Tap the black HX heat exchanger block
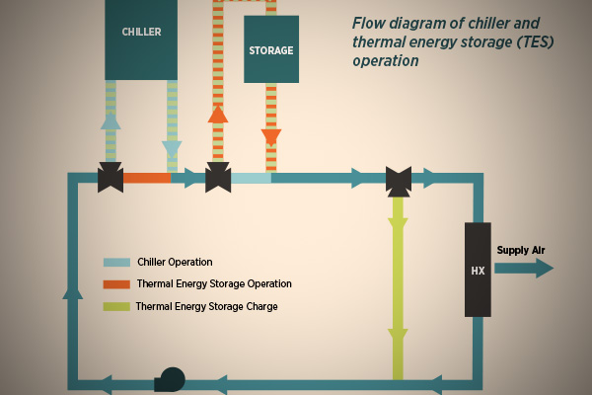[478, 270]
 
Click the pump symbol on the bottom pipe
[171, 379]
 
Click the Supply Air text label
[521, 251]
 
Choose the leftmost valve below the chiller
[111, 179]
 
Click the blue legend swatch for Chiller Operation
[116, 263]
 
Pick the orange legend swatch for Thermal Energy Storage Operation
[116, 284]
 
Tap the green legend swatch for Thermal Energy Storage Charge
[116, 307]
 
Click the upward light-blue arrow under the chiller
[111, 120]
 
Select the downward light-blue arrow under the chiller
[172, 149]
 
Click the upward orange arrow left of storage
[218, 114]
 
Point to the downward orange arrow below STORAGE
[271, 137]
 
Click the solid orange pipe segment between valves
[148, 179]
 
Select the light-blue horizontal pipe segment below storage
[251, 179]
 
